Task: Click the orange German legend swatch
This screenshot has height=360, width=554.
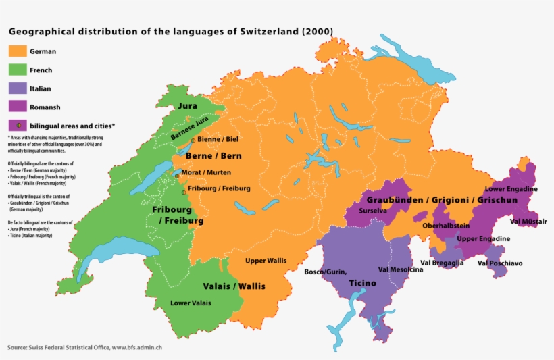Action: click(x=18, y=51)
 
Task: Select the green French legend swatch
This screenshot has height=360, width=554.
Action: click(x=18, y=70)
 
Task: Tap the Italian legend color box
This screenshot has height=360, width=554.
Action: click(x=18, y=88)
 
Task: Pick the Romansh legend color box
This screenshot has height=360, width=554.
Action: click(x=18, y=106)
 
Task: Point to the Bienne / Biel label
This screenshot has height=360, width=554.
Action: click(x=218, y=139)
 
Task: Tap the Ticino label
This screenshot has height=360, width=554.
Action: click(x=362, y=283)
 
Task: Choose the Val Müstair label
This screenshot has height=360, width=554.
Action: click(x=529, y=222)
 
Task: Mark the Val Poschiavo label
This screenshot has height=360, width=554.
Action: click(x=501, y=263)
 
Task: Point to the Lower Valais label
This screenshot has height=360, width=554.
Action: click(x=191, y=303)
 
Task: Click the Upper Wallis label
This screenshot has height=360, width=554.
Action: click(x=266, y=261)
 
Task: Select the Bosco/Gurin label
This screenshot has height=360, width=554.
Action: click(x=325, y=272)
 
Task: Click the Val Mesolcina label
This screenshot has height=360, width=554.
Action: click(x=401, y=269)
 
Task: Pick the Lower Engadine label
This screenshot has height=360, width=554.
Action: click(x=511, y=189)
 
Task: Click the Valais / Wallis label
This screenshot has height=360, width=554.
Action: click(x=234, y=286)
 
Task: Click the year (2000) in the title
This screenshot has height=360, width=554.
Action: click(x=318, y=31)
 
